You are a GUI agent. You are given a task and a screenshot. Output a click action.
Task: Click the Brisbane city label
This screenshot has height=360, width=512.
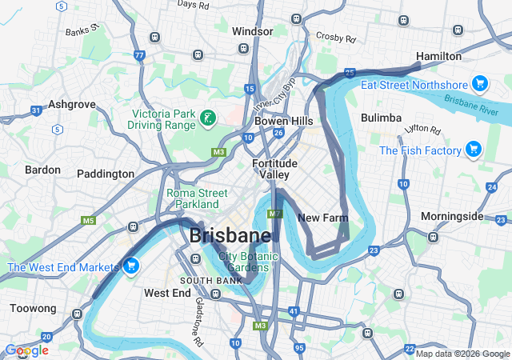click(230, 236)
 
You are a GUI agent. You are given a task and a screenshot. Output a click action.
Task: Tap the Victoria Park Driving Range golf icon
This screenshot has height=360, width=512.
click(208, 119)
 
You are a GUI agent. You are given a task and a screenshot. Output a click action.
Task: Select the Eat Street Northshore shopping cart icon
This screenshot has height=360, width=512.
click(479, 84)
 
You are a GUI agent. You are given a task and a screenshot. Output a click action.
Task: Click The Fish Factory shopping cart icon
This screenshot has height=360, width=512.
click(473, 149)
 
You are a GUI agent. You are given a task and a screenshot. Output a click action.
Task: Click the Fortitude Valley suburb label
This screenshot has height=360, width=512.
click(274, 169)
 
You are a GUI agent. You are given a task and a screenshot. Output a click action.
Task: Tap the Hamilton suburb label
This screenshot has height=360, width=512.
click(439, 56)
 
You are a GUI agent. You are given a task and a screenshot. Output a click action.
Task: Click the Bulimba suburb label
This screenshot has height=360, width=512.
click(381, 118)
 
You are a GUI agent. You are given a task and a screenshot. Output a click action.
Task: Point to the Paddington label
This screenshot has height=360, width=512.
click(106, 174)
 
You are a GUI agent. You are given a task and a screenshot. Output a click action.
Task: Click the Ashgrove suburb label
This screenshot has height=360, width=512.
click(72, 104)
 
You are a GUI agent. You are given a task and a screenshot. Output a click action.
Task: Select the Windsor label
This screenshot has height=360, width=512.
click(252, 31)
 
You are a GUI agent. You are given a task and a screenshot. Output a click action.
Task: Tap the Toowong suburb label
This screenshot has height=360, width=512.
click(33, 308)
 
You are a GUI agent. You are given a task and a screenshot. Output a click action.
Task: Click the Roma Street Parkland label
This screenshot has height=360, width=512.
click(198, 198)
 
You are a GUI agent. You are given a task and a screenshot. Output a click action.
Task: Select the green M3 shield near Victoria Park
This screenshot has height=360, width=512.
click(218, 152)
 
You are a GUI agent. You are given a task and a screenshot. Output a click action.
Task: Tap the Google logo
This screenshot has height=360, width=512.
click(26, 350)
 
